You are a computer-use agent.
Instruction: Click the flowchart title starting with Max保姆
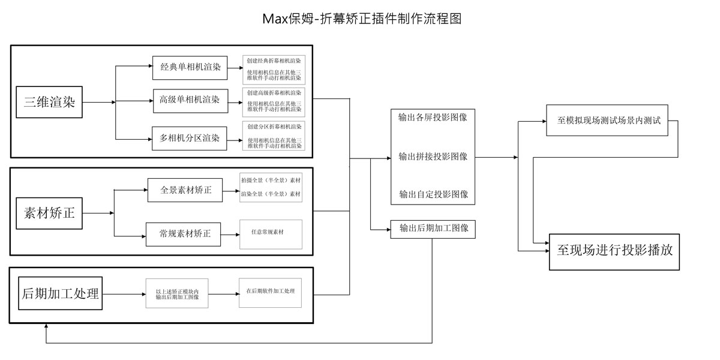362,19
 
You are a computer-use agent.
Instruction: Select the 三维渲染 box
49,102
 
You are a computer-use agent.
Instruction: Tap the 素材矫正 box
49,212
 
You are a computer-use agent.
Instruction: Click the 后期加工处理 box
60,293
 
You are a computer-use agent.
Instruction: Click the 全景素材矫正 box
185,190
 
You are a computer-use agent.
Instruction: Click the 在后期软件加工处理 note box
271,292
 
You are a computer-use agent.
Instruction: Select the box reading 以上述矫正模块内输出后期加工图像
177,293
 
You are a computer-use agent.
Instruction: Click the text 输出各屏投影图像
433,118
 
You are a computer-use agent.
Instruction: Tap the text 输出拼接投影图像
433,156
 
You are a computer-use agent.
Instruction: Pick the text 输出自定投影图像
433,194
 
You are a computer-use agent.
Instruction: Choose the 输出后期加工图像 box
433,229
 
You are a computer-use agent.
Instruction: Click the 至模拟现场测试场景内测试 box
607,120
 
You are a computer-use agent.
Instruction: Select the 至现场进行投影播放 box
614,251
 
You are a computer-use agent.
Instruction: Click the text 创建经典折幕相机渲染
274,61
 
